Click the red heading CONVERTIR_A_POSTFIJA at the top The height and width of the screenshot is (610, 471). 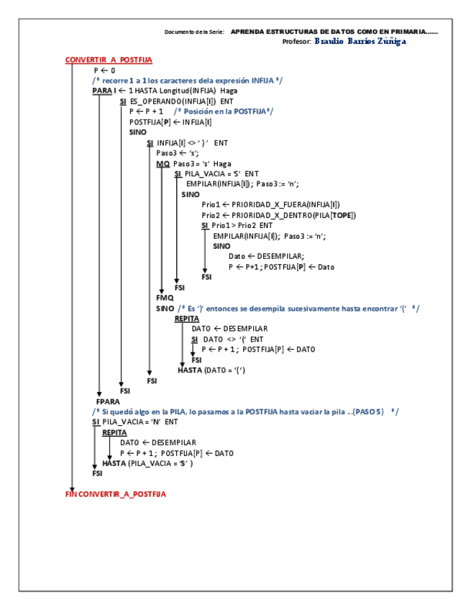[108, 60]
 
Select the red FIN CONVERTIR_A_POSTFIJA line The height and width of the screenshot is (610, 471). [115, 494]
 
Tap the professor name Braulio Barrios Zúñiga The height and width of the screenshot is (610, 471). [360, 42]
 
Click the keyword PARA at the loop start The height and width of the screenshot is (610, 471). [102, 91]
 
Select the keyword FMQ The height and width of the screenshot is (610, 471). [165, 297]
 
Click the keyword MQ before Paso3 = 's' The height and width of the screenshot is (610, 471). [163, 163]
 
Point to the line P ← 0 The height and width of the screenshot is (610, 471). [104, 70]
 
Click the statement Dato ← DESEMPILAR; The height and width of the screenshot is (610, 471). [266, 256]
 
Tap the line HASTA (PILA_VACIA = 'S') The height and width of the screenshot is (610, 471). [147, 463]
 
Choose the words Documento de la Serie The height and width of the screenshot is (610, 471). [194, 32]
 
